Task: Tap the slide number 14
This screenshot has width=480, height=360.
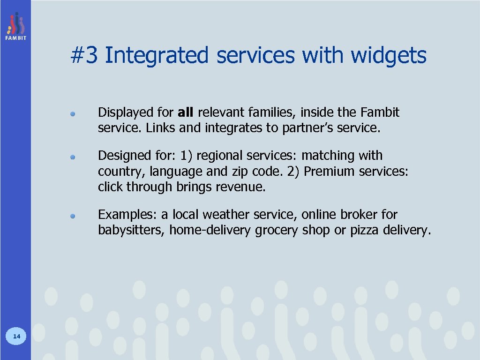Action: point(16,336)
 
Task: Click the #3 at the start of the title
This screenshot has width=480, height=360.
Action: point(84,56)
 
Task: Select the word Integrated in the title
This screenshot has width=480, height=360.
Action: point(157,56)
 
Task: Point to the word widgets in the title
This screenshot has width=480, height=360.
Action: point(389,56)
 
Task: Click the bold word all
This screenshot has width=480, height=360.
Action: point(187,112)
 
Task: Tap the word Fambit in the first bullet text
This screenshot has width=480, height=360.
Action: point(380,112)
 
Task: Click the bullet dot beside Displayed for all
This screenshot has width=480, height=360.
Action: point(73,114)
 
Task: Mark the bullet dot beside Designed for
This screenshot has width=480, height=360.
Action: point(73,157)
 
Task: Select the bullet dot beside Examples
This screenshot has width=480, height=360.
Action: point(73,216)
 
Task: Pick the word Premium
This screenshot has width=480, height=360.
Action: point(330,172)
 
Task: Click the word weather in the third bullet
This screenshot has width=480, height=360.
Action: point(227,215)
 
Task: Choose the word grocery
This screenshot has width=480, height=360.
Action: point(277,231)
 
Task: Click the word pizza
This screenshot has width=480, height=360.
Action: point(364,231)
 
